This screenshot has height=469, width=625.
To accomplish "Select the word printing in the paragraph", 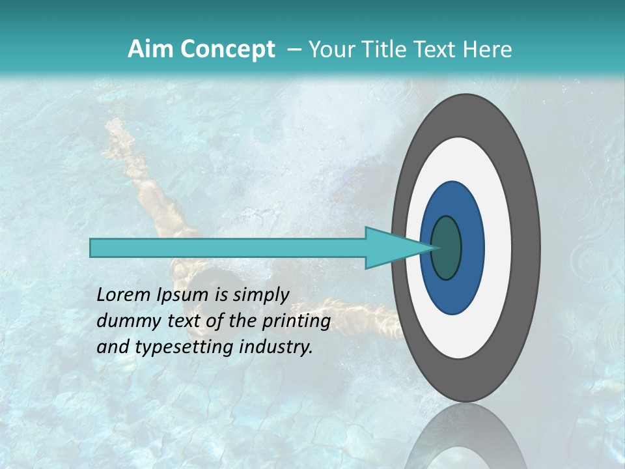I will click(x=296, y=321).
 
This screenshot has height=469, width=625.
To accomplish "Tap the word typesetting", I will click(x=171, y=348).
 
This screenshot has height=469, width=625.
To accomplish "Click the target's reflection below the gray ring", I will click(x=465, y=443).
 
